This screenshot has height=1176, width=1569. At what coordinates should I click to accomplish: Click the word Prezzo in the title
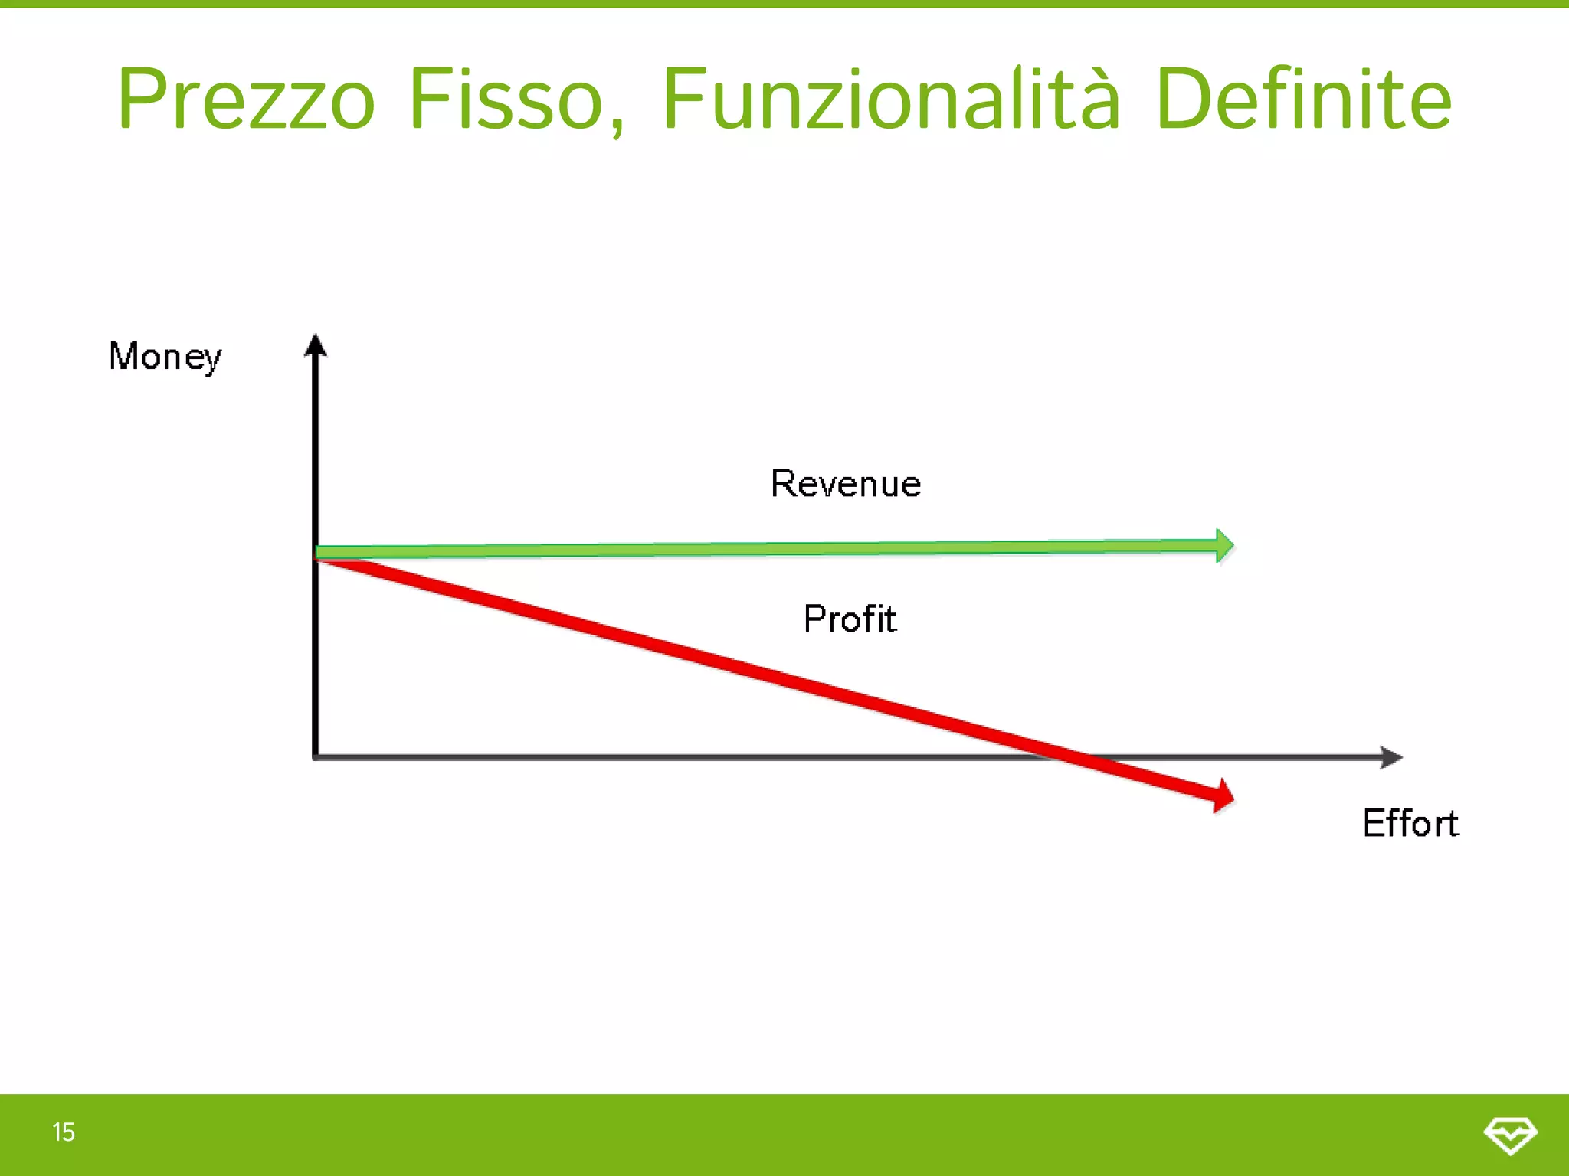click(247, 100)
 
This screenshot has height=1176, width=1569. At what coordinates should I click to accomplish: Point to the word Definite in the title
click(1303, 100)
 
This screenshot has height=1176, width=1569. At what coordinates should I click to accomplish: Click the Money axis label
click(165, 357)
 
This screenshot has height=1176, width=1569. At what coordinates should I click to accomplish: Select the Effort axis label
click(1410, 824)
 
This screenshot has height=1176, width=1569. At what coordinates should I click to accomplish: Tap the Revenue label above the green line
click(846, 484)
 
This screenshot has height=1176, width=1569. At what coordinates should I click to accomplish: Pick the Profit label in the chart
click(850, 619)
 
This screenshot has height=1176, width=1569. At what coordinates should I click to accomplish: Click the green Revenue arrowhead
click(1224, 546)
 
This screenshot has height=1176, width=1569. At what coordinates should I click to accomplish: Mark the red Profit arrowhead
click(1223, 796)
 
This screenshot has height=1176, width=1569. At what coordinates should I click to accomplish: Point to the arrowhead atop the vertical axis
click(316, 345)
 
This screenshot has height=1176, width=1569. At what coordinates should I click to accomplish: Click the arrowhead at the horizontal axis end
click(1391, 757)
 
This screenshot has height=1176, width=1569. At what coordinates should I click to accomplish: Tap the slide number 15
click(64, 1132)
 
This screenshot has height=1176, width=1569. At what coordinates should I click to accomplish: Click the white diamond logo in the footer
click(1510, 1135)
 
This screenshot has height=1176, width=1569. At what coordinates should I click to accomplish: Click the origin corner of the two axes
click(316, 757)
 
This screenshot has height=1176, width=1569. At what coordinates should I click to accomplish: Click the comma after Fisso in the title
click(617, 126)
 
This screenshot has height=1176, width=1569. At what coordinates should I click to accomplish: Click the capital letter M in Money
click(124, 356)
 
